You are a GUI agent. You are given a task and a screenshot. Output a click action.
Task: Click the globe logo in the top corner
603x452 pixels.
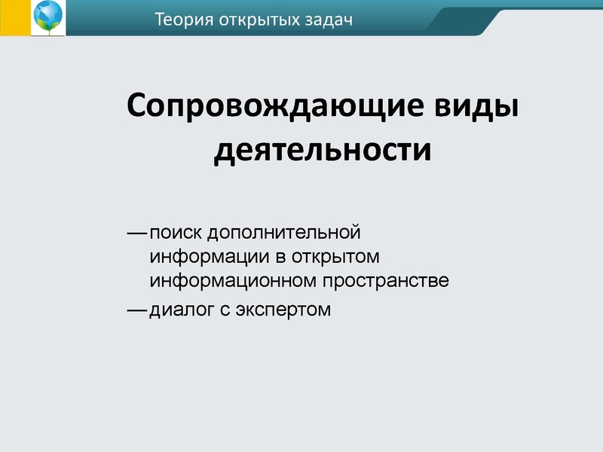[47, 17]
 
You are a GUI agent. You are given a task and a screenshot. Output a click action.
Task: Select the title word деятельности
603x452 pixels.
[323, 149]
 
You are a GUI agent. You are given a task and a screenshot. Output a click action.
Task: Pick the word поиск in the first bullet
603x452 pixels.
[174, 232]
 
